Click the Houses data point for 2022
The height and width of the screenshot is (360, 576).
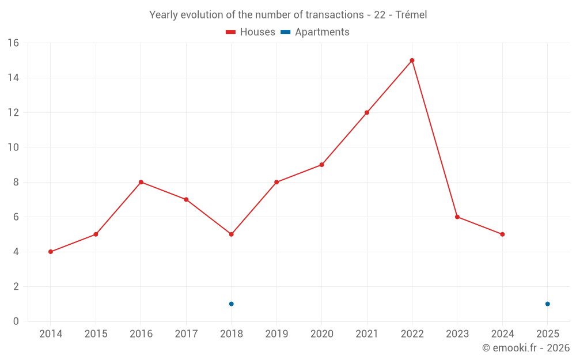(x=412, y=60)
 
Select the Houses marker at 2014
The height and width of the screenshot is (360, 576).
(x=51, y=252)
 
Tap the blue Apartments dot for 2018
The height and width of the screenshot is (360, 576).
(x=231, y=304)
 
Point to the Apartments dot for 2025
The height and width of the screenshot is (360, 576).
(x=547, y=304)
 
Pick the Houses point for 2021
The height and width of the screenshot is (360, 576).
(x=367, y=112)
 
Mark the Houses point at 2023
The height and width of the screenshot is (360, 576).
(x=457, y=217)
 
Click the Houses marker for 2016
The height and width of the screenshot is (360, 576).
(x=141, y=182)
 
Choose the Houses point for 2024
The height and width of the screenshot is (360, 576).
(x=502, y=234)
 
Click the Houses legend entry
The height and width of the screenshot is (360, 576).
(x=251, y=32)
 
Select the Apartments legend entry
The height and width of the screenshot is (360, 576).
(x=315, y=32)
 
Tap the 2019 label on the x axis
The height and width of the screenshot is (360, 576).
(x=276, y=334)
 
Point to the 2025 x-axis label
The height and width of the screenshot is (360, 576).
(x=547, y=334)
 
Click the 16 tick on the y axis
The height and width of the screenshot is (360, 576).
(x=13, y=43)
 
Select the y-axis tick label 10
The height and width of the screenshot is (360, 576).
(x=13, y=147)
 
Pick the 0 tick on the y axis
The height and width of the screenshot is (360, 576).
(x=16, y=321)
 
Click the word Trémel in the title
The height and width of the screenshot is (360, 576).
(x=411, y=15)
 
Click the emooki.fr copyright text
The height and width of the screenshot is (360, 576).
(x=526, y=348)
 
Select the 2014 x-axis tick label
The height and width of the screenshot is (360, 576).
(x=51, y=334)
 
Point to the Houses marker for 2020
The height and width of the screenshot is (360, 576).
(x=321, y=165)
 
